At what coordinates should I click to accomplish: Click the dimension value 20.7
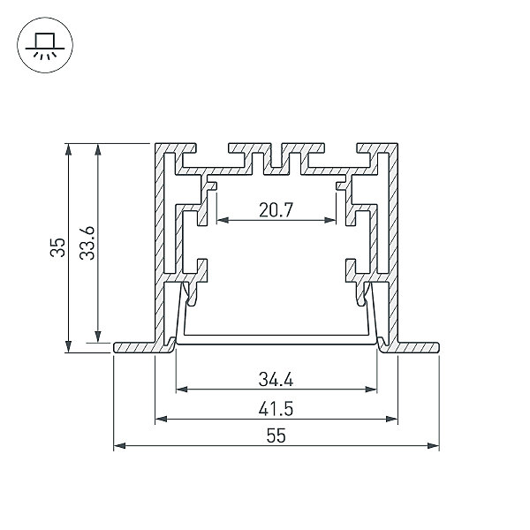(x=276, y=210)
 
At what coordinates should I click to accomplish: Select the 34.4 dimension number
(x=276, y=379)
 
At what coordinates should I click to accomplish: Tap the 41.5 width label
(x=276, y=409)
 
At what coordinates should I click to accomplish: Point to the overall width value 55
(x=276, y=435)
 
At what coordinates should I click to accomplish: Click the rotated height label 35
(x=57, y=247)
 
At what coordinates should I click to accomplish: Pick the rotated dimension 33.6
(x=87, y=243)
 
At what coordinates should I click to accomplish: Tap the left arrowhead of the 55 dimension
(x=119, y=446)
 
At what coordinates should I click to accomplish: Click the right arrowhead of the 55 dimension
(x=434, y=446)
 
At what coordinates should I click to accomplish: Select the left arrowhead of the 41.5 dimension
(x=162, y=419)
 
